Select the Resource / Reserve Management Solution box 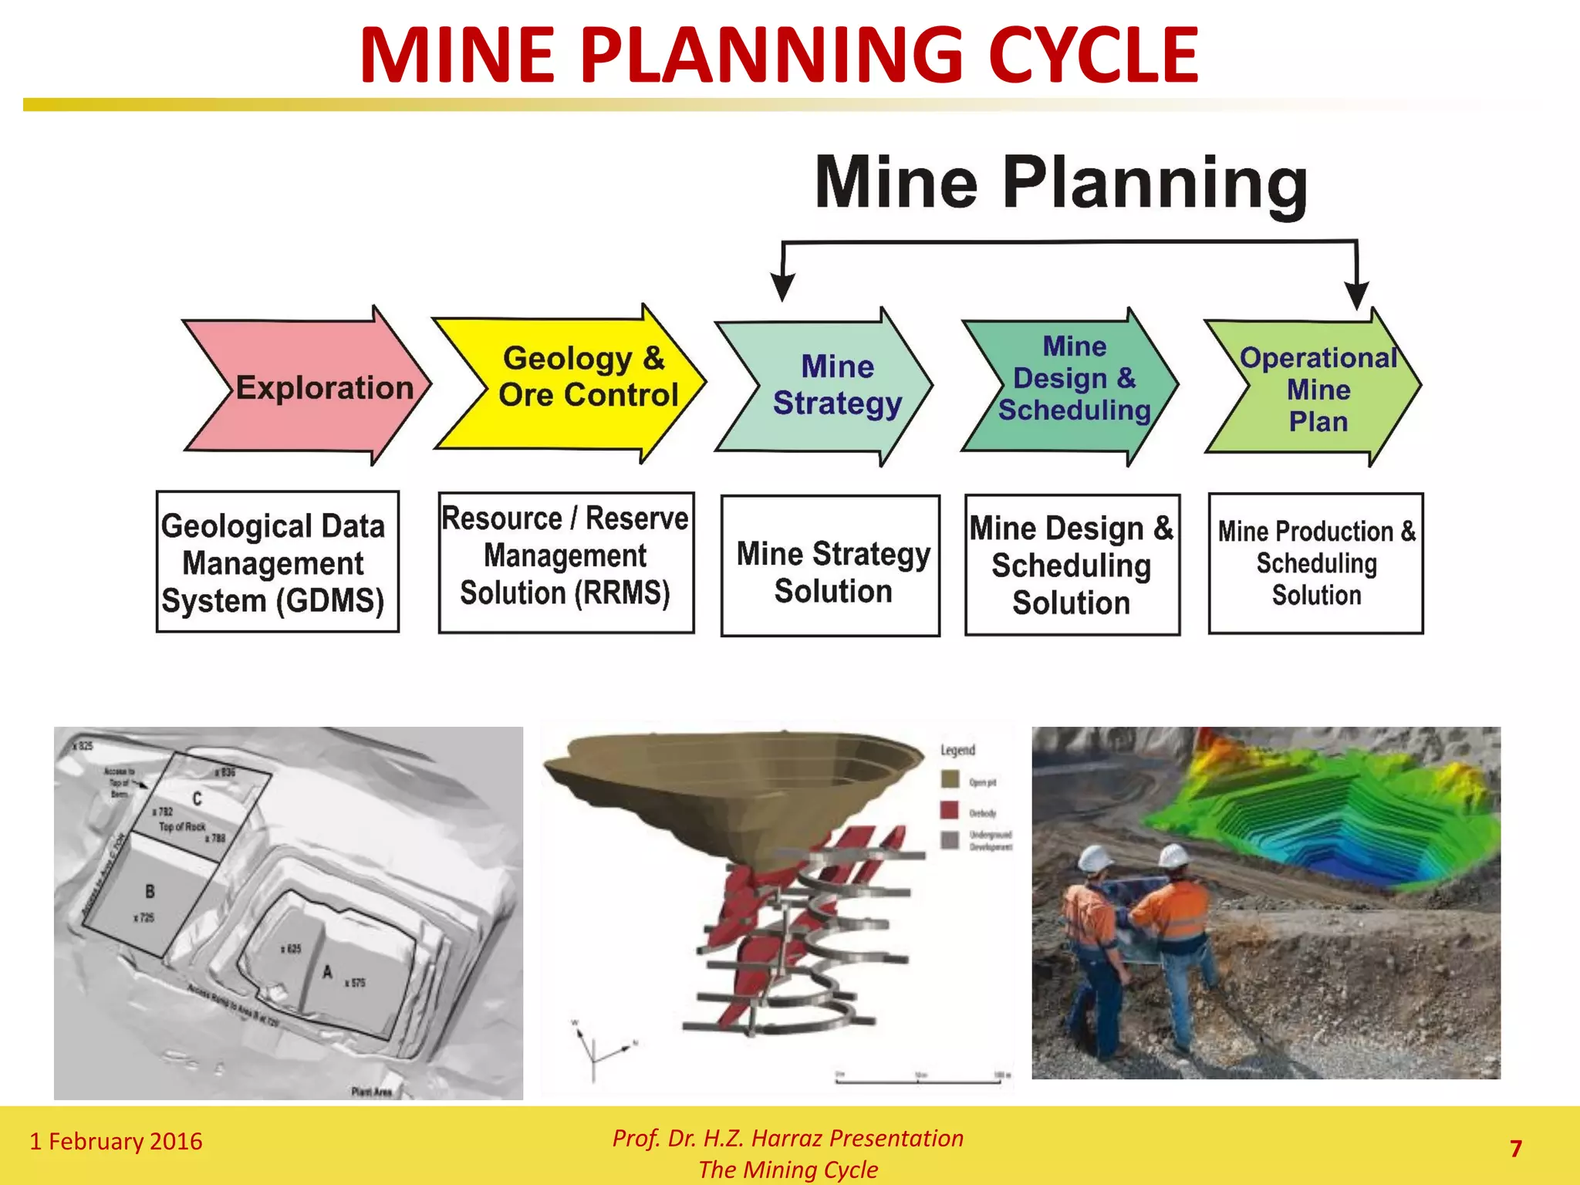point(565,562)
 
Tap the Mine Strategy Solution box point(830,565)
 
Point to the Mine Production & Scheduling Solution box point(1315,563)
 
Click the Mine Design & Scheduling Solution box point(1072,565)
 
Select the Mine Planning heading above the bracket point(1061,183)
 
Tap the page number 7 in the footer point(1515,1149)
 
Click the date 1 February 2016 point(116,1141)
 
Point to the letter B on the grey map point(150,892)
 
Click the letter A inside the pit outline point(327,972)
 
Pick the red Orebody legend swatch point(949,811)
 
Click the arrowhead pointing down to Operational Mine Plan point(1356,296)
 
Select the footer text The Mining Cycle point(788,1170)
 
